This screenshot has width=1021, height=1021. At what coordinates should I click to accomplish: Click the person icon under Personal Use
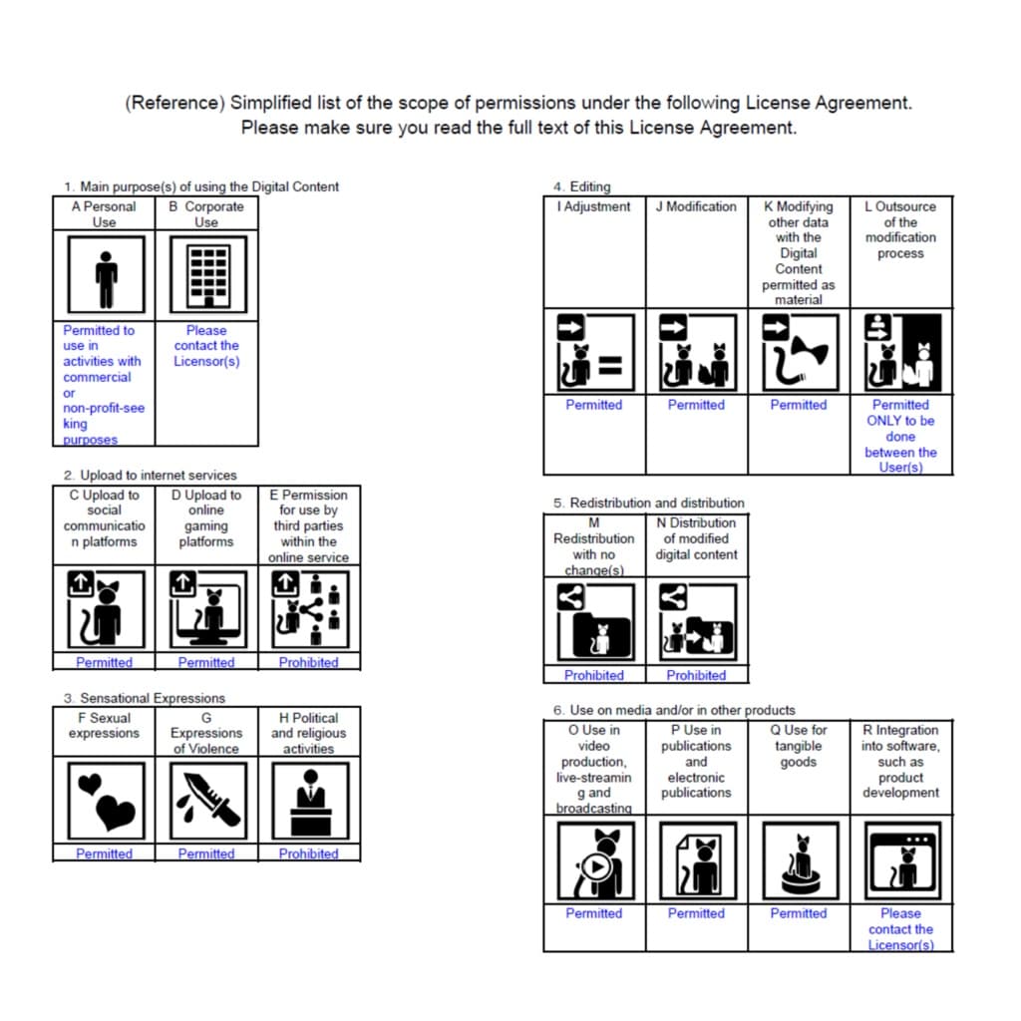(x=104, y=276)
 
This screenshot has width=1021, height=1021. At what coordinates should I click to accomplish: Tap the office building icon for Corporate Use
(x=206, y=276)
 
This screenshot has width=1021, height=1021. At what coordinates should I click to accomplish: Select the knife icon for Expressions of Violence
(x=206, y=801)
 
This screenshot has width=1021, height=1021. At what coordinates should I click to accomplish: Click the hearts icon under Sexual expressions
(x=104, y=801)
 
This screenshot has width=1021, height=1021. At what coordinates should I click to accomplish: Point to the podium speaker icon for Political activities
(x=309, y=801)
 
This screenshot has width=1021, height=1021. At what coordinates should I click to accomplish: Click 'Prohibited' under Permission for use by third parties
(x=309, y=662)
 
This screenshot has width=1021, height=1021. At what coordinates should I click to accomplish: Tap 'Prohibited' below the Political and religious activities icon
(x=309, y=853)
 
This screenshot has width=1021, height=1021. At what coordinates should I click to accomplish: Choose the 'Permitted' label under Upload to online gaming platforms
(x=206, y=662)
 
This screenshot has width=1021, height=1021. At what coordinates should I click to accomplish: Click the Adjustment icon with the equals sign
(x=594, y=353)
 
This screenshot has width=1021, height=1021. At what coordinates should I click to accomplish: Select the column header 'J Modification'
(x=696, y=206)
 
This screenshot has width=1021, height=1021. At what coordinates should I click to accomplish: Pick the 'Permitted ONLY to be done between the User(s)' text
(x=900, y=436)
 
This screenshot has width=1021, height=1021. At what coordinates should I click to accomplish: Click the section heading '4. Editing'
(x=582, y=186)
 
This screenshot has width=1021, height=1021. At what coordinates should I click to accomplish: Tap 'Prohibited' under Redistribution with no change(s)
(x=594, y=675)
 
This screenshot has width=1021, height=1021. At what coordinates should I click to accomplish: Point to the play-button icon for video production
(x=594, y=859)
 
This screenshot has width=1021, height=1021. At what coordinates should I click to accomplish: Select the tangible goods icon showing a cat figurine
(x=799, y=859)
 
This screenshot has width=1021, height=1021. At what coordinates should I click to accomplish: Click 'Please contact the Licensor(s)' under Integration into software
(x=900, y=928)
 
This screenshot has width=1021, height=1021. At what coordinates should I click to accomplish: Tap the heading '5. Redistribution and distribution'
(x=648, y=503)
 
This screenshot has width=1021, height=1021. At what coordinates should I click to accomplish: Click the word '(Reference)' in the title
(x=174, y=103)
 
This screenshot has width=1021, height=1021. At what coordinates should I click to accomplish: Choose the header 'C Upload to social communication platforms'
(x=104, y=517)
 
